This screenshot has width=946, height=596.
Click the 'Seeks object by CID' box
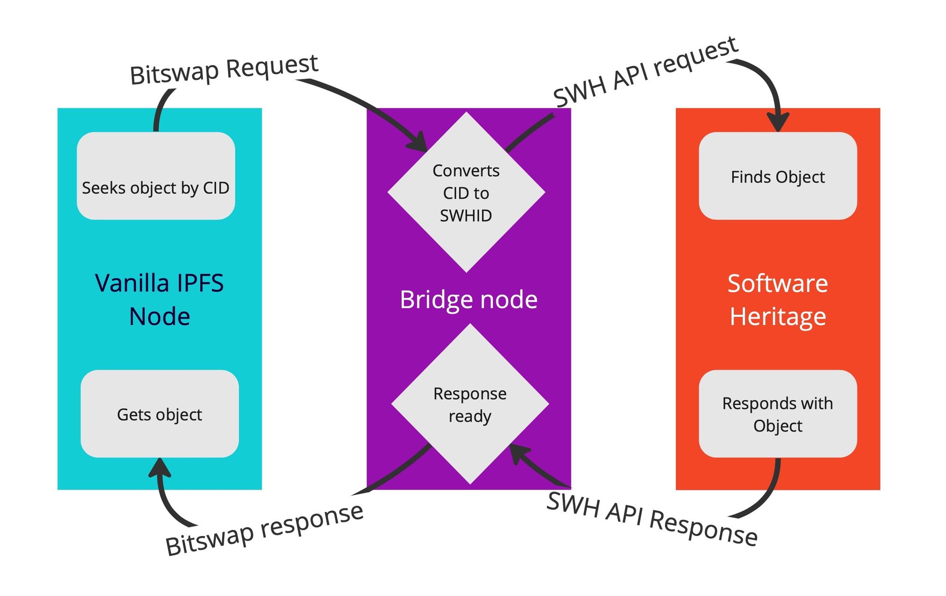pos(156,176)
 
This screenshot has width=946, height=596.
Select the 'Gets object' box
pos(159,414)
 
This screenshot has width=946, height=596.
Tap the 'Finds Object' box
pos(778,176)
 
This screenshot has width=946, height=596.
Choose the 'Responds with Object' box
pos(778,414)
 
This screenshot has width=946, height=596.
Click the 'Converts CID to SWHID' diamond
pos(466,192)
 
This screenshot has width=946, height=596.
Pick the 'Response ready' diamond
pos(470,404)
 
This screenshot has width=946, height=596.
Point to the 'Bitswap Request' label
pos(224,70)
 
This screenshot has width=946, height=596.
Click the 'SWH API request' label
pos(645,72)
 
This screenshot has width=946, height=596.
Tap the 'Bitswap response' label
pos(264,529)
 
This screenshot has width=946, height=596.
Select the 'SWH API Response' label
pos(652,519)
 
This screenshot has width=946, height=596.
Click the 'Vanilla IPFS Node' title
pos(159,299)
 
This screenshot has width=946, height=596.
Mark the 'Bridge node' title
pos(468,299)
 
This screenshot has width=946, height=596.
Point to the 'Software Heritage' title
pos(778,299)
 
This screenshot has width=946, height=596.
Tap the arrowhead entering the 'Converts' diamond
pos(419,143)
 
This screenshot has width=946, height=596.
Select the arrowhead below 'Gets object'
pos(160,467)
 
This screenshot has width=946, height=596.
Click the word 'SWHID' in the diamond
pos(466,216)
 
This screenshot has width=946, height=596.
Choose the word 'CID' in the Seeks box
pos(216,188)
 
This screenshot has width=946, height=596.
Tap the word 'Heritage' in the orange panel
pos(778,316)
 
